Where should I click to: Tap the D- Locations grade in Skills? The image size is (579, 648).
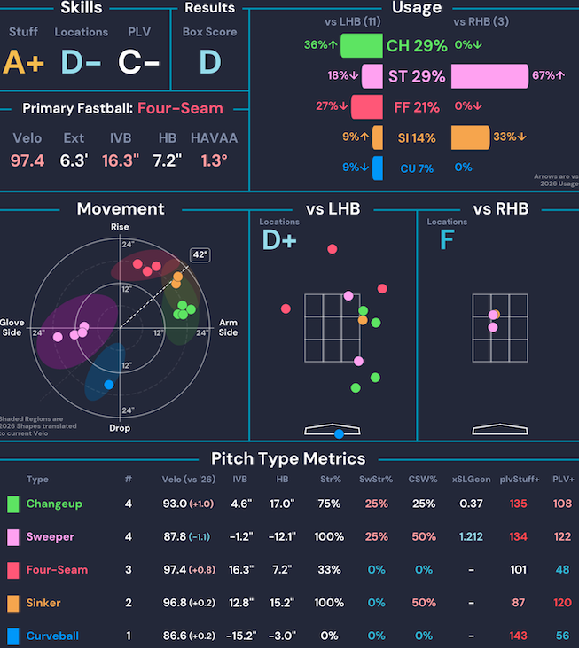[x=81, y=61]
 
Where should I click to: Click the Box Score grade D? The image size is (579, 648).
[x=209, y=61]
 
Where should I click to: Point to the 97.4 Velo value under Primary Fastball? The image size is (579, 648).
[x=27, y=161]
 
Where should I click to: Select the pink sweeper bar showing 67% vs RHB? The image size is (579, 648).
[x=489, y=76]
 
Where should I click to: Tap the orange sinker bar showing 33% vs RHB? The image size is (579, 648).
[x=470, y=137]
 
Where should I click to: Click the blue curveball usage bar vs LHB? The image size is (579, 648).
[x=378, y=168]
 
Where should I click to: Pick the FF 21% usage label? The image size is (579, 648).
[x=416, y=107]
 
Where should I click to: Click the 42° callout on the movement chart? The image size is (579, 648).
[x=200, y=255]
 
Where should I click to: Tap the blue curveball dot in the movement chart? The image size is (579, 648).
[x=109, y=384]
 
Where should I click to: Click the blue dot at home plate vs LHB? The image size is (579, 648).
[x=340, y=433]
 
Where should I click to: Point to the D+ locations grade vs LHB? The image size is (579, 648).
[x=279, y=240]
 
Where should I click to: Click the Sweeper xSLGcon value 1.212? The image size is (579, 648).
[x=471, y=536]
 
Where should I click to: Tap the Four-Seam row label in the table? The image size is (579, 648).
[x=57, y=569]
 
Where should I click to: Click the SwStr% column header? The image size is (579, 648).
[x=376, y=480]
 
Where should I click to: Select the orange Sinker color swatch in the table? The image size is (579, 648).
[x=12, y=603]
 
